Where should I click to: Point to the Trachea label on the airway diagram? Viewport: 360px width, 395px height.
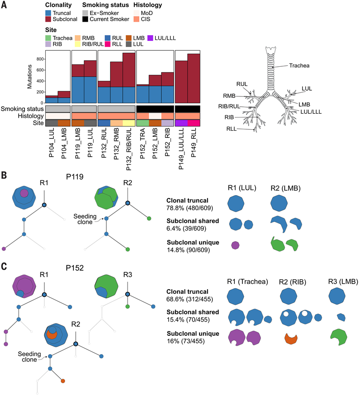tap(299, 66)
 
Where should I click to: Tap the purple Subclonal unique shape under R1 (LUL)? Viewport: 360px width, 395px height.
tap(235, 245)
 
